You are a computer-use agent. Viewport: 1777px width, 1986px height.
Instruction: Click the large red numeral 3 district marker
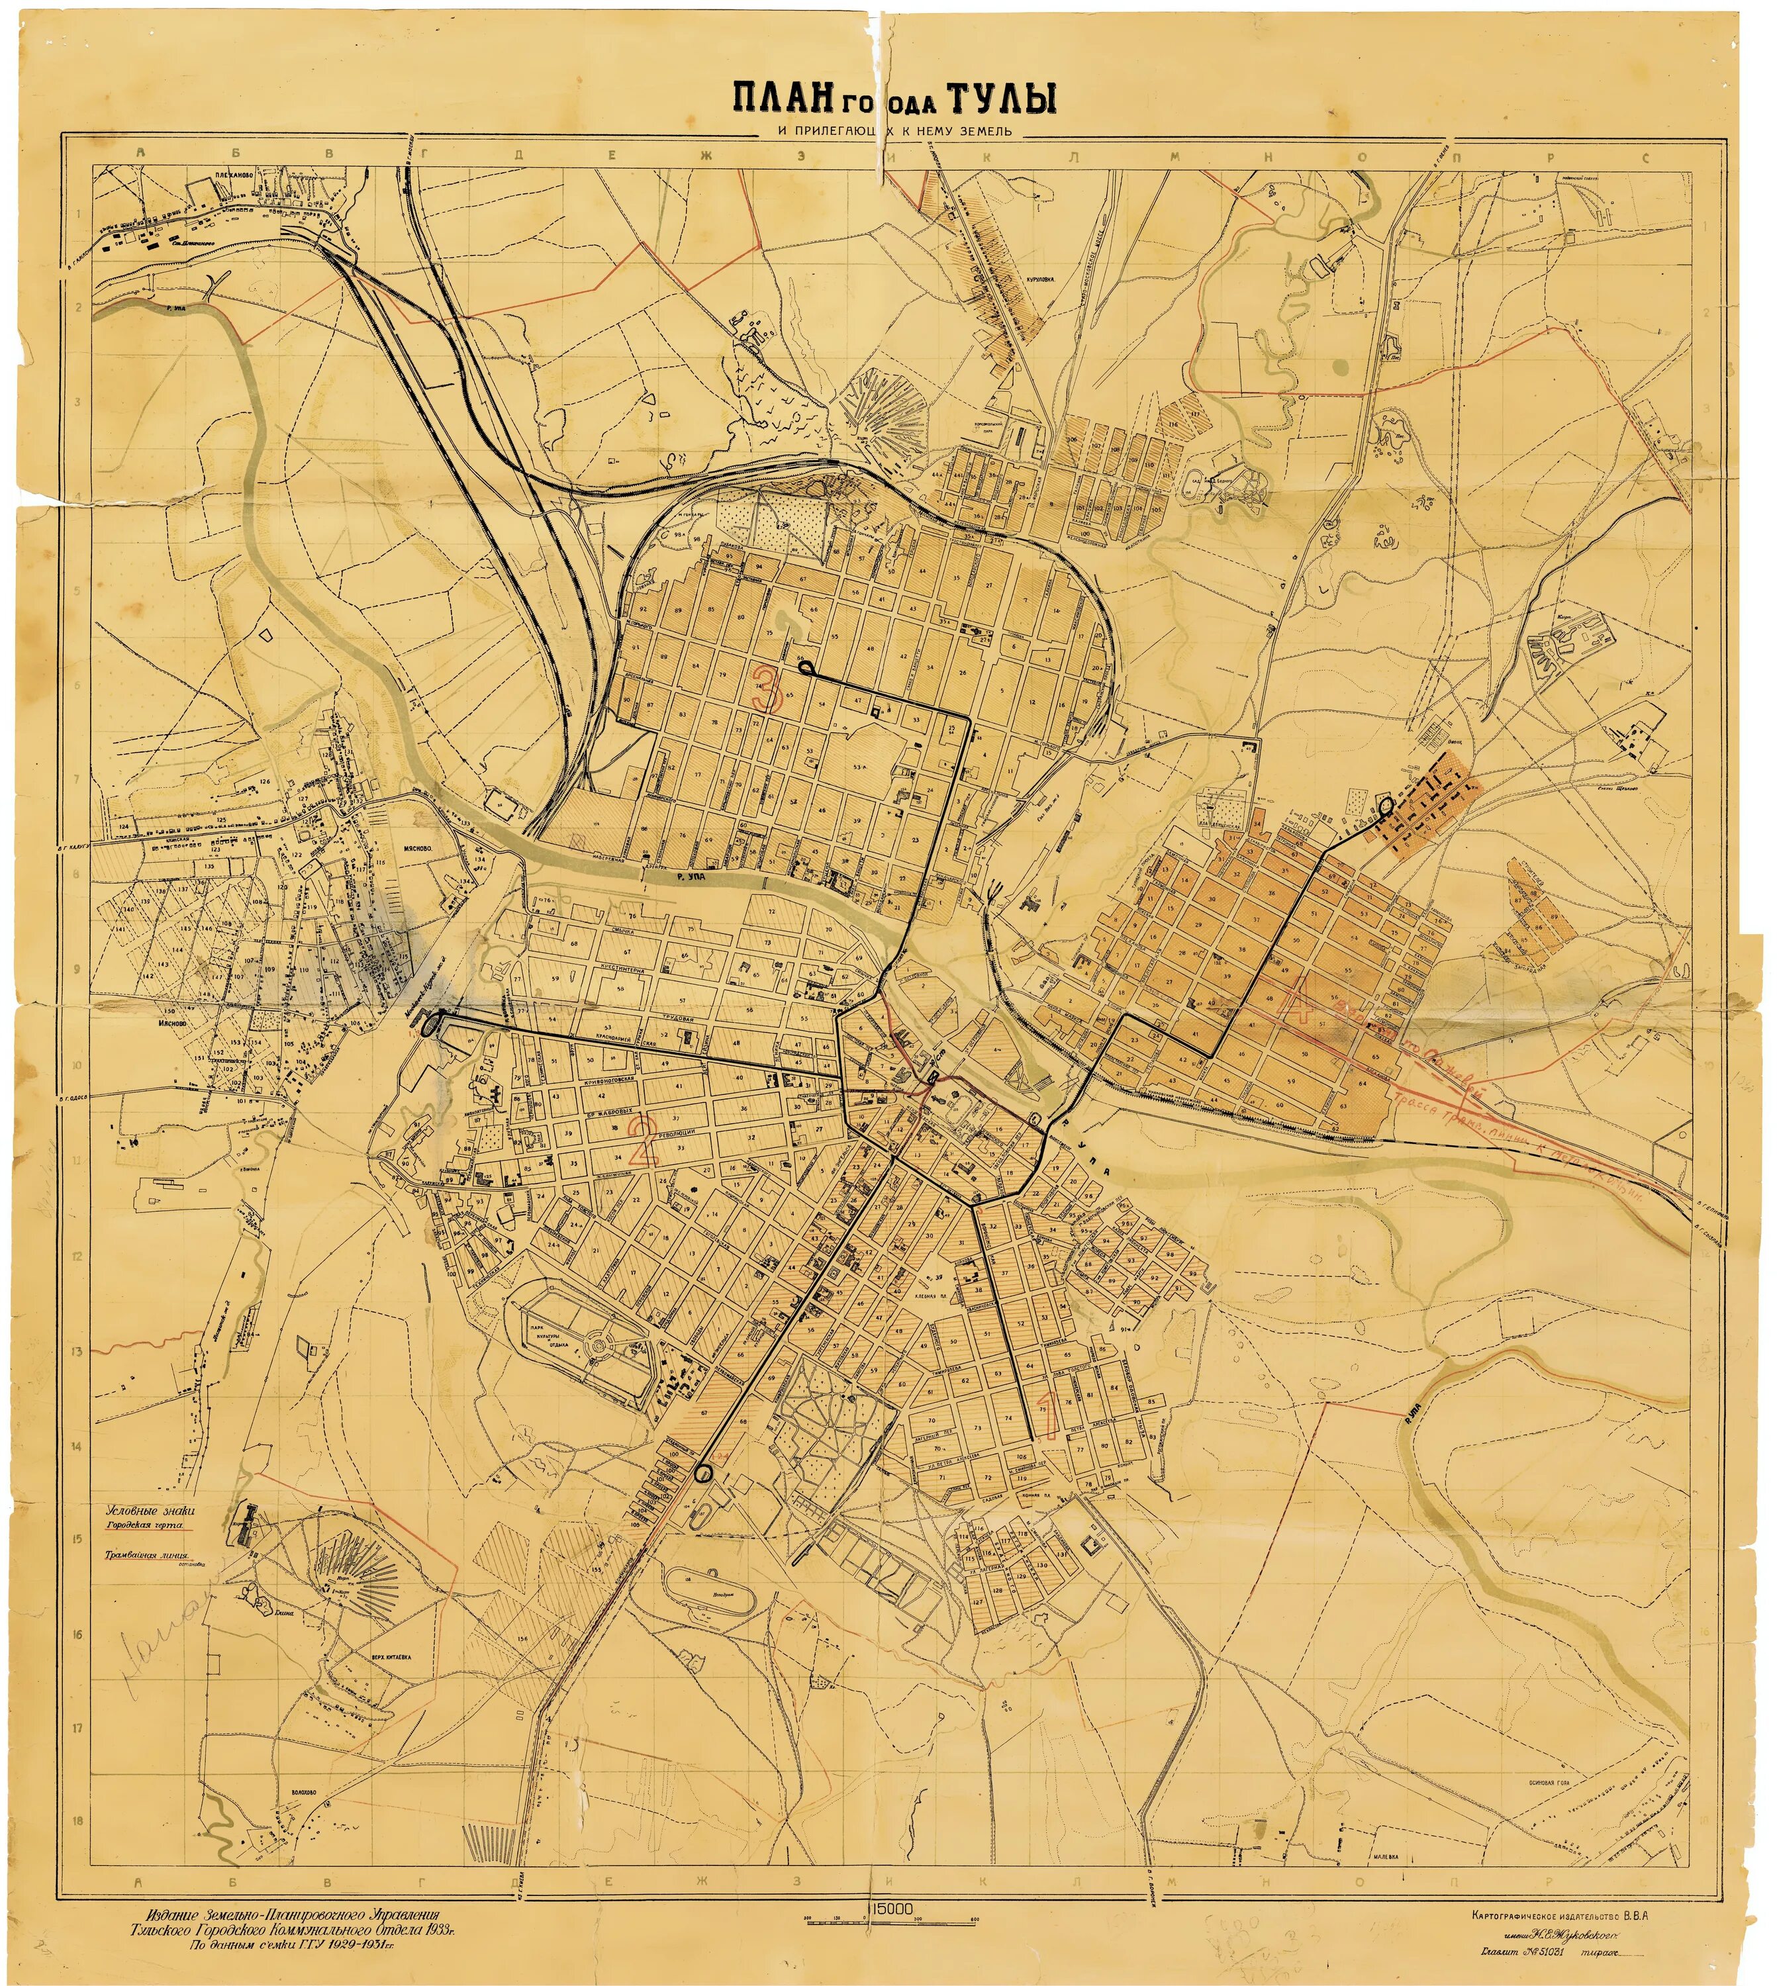pyautogui.click(x=767, y=688)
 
